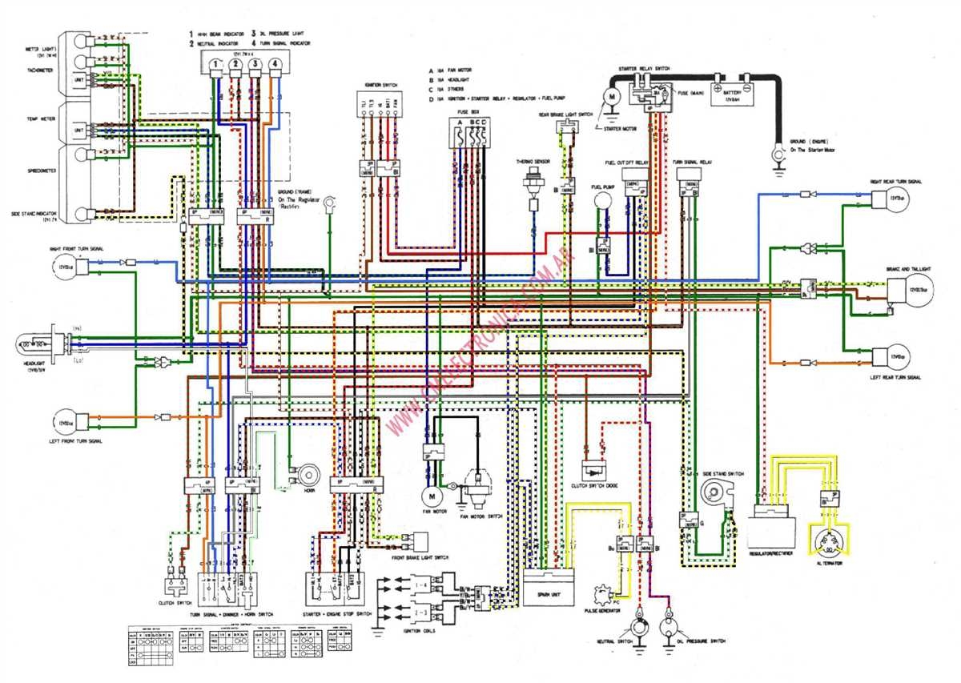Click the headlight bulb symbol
point(36,345)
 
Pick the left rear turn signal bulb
point(895,355)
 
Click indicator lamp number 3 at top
point(255,64)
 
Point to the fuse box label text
point(468,112)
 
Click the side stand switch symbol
point(718,491)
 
